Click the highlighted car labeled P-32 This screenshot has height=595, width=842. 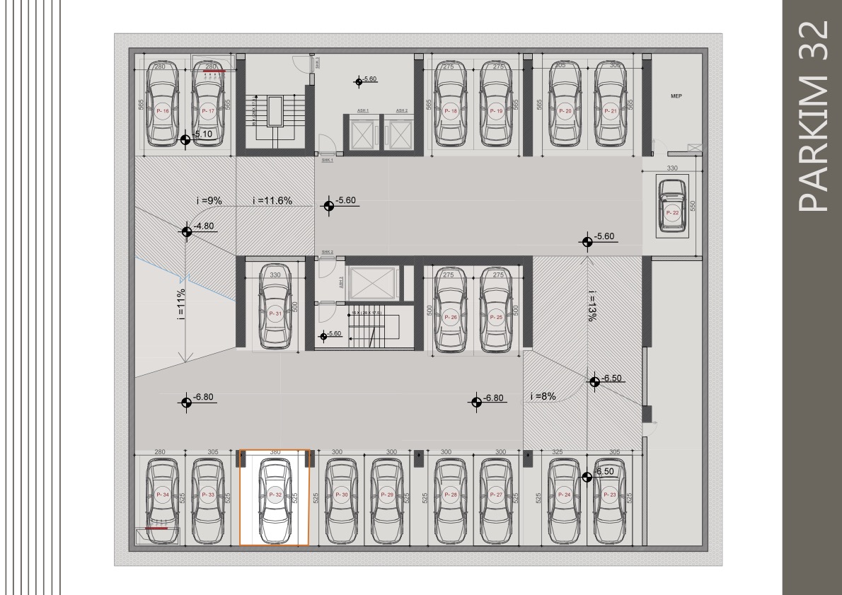pos(275,498)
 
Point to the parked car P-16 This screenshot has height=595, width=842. pos(162,106)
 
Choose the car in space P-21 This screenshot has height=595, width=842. pos(611,106)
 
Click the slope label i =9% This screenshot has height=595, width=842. pos(209,201)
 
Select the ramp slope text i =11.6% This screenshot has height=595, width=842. pos(272,201)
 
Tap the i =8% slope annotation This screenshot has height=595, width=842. pos(543,397)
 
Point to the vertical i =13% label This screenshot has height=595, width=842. pos(591,306)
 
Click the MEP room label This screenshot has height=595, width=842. pos(676,96)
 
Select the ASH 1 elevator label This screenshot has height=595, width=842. pos(362,111)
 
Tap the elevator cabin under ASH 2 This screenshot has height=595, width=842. pos(401,133)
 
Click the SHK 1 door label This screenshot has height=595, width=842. pos(327,161)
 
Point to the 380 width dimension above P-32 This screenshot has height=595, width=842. pos(275,452)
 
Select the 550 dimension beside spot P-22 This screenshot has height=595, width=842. pos(693,206)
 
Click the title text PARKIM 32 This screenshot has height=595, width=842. pos(812,116)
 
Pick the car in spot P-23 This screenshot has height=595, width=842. pos(611,498)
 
